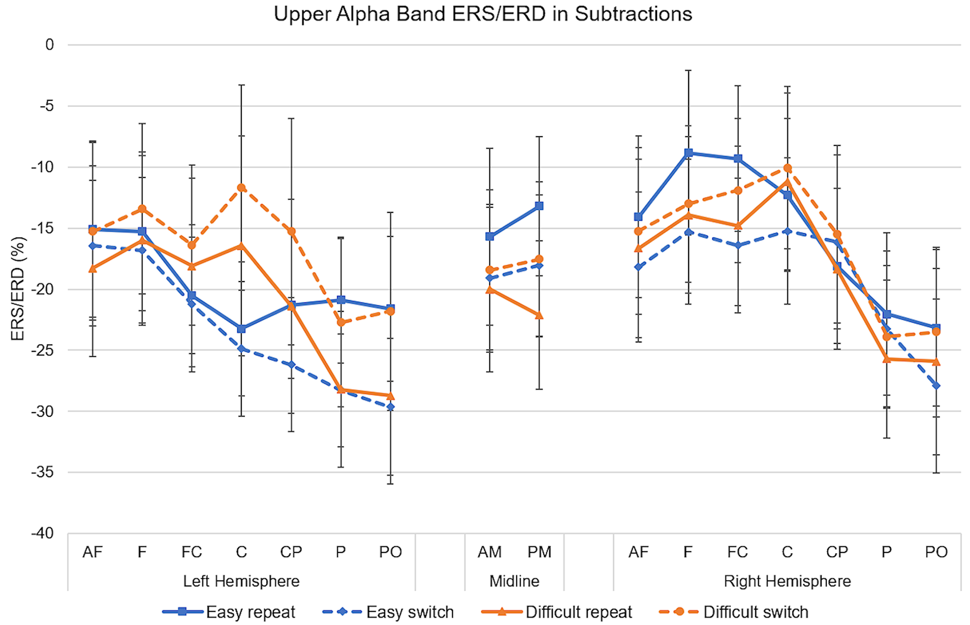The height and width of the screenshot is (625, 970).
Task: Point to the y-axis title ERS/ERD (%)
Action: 18,289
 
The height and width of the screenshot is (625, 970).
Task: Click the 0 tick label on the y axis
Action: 50,45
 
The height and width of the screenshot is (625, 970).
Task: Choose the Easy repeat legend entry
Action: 228,612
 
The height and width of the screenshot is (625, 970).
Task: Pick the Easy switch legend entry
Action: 388,612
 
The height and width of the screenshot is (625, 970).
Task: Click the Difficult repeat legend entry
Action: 557,612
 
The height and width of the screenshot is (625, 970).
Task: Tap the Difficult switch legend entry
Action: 734,612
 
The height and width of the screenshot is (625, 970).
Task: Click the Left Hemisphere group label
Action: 241,581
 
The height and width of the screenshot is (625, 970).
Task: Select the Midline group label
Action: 515,581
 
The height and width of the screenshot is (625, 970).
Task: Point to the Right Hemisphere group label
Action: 787,581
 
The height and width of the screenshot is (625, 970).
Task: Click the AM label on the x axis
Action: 489,552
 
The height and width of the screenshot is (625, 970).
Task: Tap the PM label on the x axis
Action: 539,552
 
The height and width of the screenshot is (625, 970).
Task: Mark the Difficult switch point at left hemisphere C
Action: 241,188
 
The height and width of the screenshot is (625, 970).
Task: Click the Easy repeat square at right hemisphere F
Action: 688,153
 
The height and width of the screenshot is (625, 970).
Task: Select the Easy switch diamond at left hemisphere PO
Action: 390,407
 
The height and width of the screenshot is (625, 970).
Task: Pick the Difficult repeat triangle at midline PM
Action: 539,315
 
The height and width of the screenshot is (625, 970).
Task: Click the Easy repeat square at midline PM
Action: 539,206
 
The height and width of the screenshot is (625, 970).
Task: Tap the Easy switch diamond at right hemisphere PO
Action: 936,386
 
